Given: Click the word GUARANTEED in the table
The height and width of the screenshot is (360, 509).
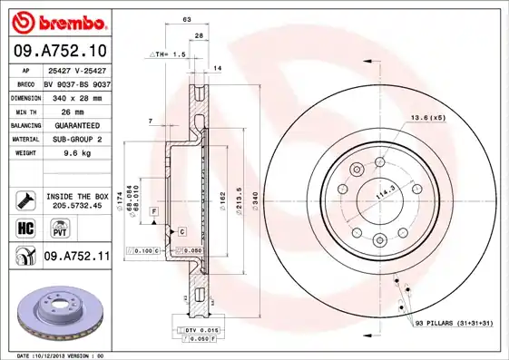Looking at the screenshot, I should (x=79, y=125).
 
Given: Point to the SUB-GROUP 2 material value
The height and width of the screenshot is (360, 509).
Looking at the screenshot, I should (x=79, y=140).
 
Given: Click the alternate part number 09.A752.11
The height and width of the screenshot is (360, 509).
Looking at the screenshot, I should (x=77, y=258).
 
